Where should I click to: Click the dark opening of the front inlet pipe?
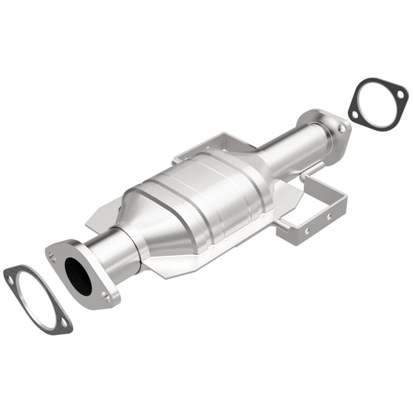click(77, 275)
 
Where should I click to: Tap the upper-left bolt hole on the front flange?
click(53, 253)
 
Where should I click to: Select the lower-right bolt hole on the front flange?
click(105, 295)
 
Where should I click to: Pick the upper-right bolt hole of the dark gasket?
click(401, 94)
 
